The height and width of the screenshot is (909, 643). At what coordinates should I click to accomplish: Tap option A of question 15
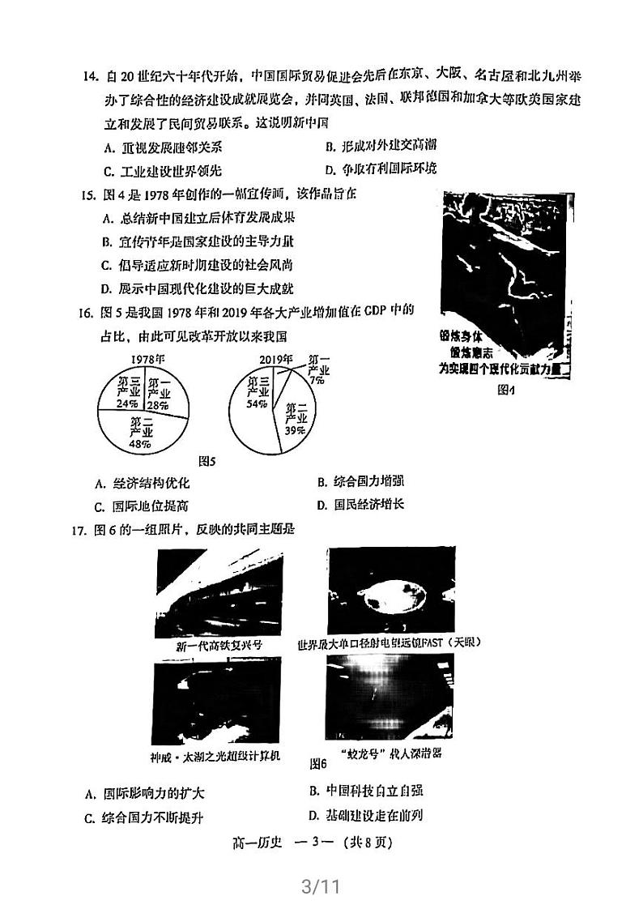tap(198, 217)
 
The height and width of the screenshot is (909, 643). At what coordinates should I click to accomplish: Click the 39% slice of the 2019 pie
tap(296, 421)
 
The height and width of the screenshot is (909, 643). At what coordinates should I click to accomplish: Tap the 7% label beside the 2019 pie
tap(315, 378)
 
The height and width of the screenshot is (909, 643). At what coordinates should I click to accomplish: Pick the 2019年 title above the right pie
tap(275, 359)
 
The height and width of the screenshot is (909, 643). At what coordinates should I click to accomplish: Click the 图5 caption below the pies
tap(208, 462)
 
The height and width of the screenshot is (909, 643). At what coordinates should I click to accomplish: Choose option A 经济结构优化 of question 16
tap(143, 483)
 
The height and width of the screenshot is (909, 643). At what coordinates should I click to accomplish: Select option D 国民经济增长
tap(360, 505)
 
